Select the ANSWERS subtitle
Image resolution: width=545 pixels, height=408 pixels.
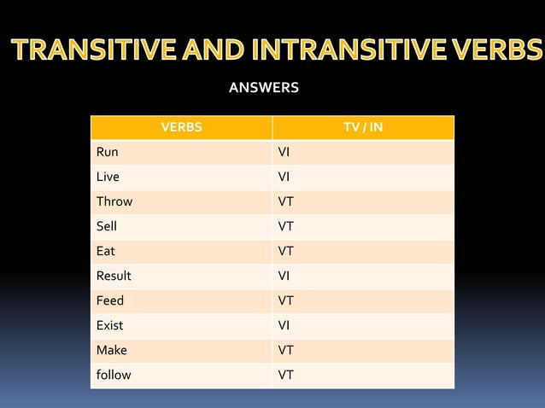tap(264, 87)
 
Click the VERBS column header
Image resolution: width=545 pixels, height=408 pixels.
tap(181, 128)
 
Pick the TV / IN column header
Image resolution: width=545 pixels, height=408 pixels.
tap(362, 128)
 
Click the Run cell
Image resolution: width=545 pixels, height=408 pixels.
tap(107, 153)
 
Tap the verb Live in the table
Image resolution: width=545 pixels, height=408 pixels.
tap(108, 178)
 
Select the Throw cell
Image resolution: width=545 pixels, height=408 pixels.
tap(114, 202)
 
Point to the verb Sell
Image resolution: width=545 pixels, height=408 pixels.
tap(106, 227)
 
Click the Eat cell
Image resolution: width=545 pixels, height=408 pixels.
tap(105, 252)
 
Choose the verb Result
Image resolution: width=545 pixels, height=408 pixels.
tap(114, 276)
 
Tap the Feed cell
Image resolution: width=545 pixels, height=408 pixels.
tap(109, 300)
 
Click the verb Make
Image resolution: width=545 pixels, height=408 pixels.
tap(111, 350)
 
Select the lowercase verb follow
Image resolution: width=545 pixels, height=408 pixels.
tap(113, 375)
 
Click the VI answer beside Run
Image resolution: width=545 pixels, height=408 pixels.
tap(284, 153)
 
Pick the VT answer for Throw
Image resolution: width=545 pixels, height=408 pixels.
tap(286, 202)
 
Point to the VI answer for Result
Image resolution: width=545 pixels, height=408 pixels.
tap(284, 276)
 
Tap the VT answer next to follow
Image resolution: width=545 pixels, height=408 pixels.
tap(286, 375)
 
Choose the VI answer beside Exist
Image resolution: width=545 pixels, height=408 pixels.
tap(284, 325)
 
